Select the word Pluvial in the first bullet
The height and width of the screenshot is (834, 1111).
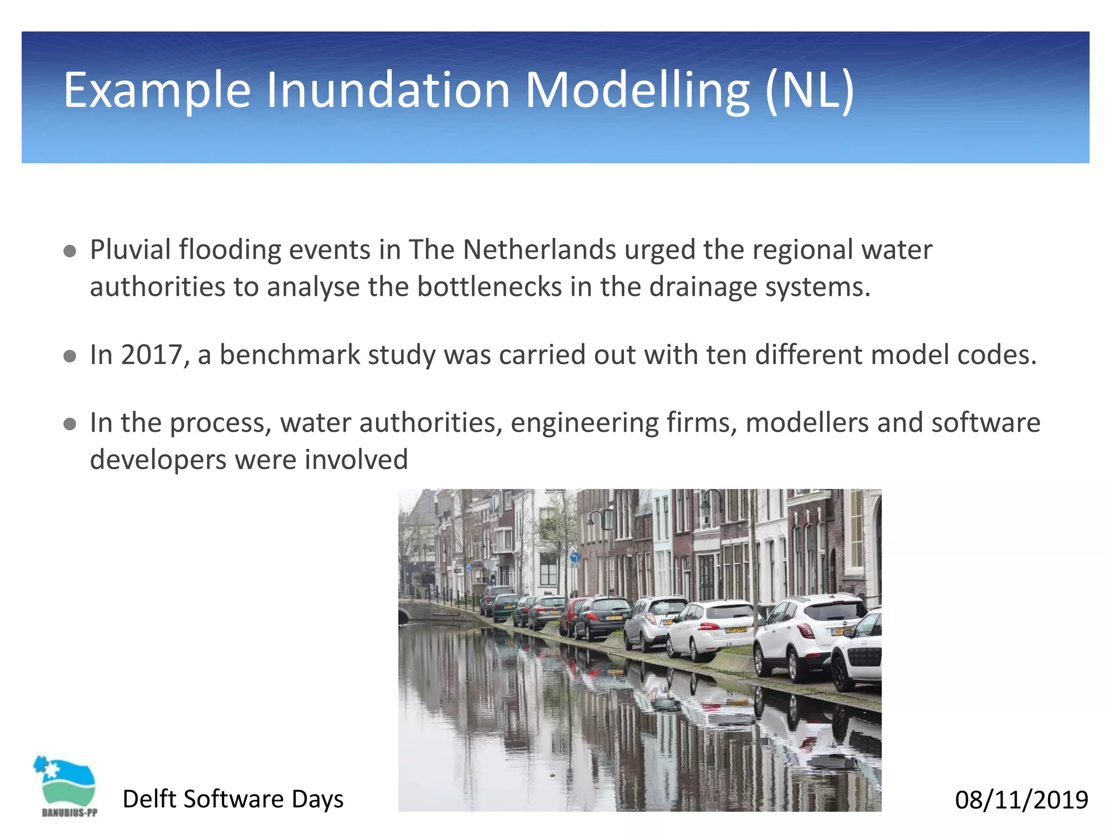[x=130, y=250]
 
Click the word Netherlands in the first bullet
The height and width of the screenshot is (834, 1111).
[x=539, y=250]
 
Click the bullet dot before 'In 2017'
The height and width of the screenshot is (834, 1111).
[x=69, y=356]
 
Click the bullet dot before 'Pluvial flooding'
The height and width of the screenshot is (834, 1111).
[x=69, y=251]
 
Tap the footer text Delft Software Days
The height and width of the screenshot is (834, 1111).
[x=233, y=799]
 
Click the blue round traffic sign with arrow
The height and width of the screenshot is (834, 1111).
[x=575, y=558]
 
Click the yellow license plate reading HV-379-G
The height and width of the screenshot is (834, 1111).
[x=737, y=630]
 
